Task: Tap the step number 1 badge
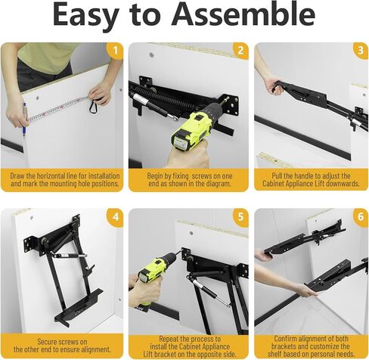coord(115,51)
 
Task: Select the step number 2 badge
coord(240,51)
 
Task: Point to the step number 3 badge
coord(361,51)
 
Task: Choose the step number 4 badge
coord(115,217)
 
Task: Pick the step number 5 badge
coord(240,217)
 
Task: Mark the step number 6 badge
coord(361,217)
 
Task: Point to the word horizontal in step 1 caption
coord(57,175)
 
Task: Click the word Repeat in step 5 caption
coord(169,339)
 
